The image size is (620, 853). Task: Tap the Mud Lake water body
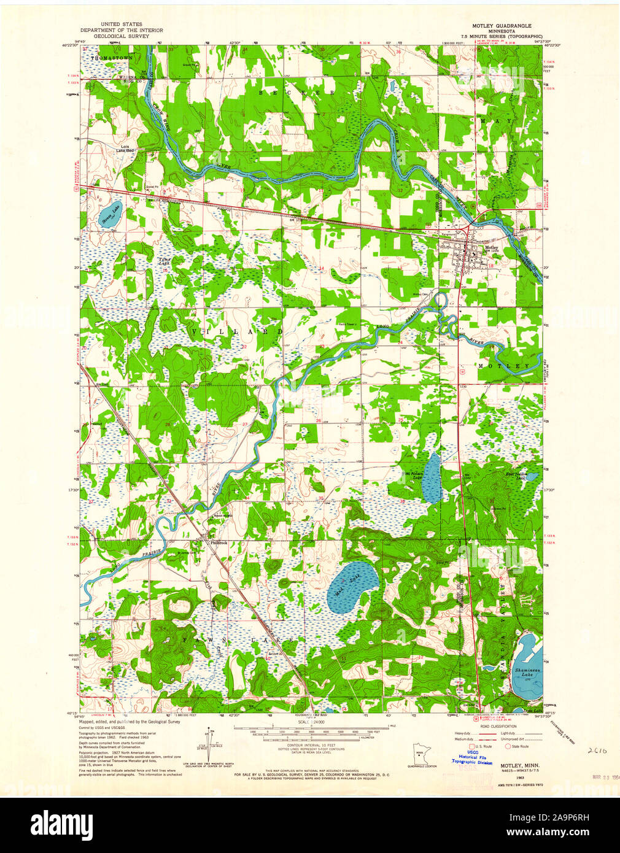coord(352,589)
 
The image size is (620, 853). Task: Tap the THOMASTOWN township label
coord(112,58)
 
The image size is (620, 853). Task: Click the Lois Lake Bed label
coord(127,149)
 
